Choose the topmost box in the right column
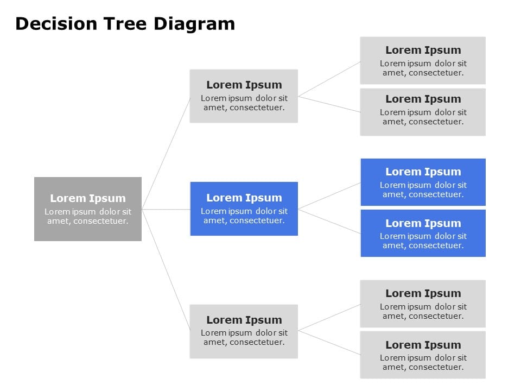423,60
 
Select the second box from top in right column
423,112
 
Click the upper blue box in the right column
423,182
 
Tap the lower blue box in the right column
423,233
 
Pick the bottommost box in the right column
423,355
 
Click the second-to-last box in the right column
423,304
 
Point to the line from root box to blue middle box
166,209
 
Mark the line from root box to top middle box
166,153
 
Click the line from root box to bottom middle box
166,269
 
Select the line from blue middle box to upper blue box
329,196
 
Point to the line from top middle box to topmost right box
329,79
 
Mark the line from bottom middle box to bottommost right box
329,343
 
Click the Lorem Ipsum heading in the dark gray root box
88,199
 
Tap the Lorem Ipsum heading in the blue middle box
244,198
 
